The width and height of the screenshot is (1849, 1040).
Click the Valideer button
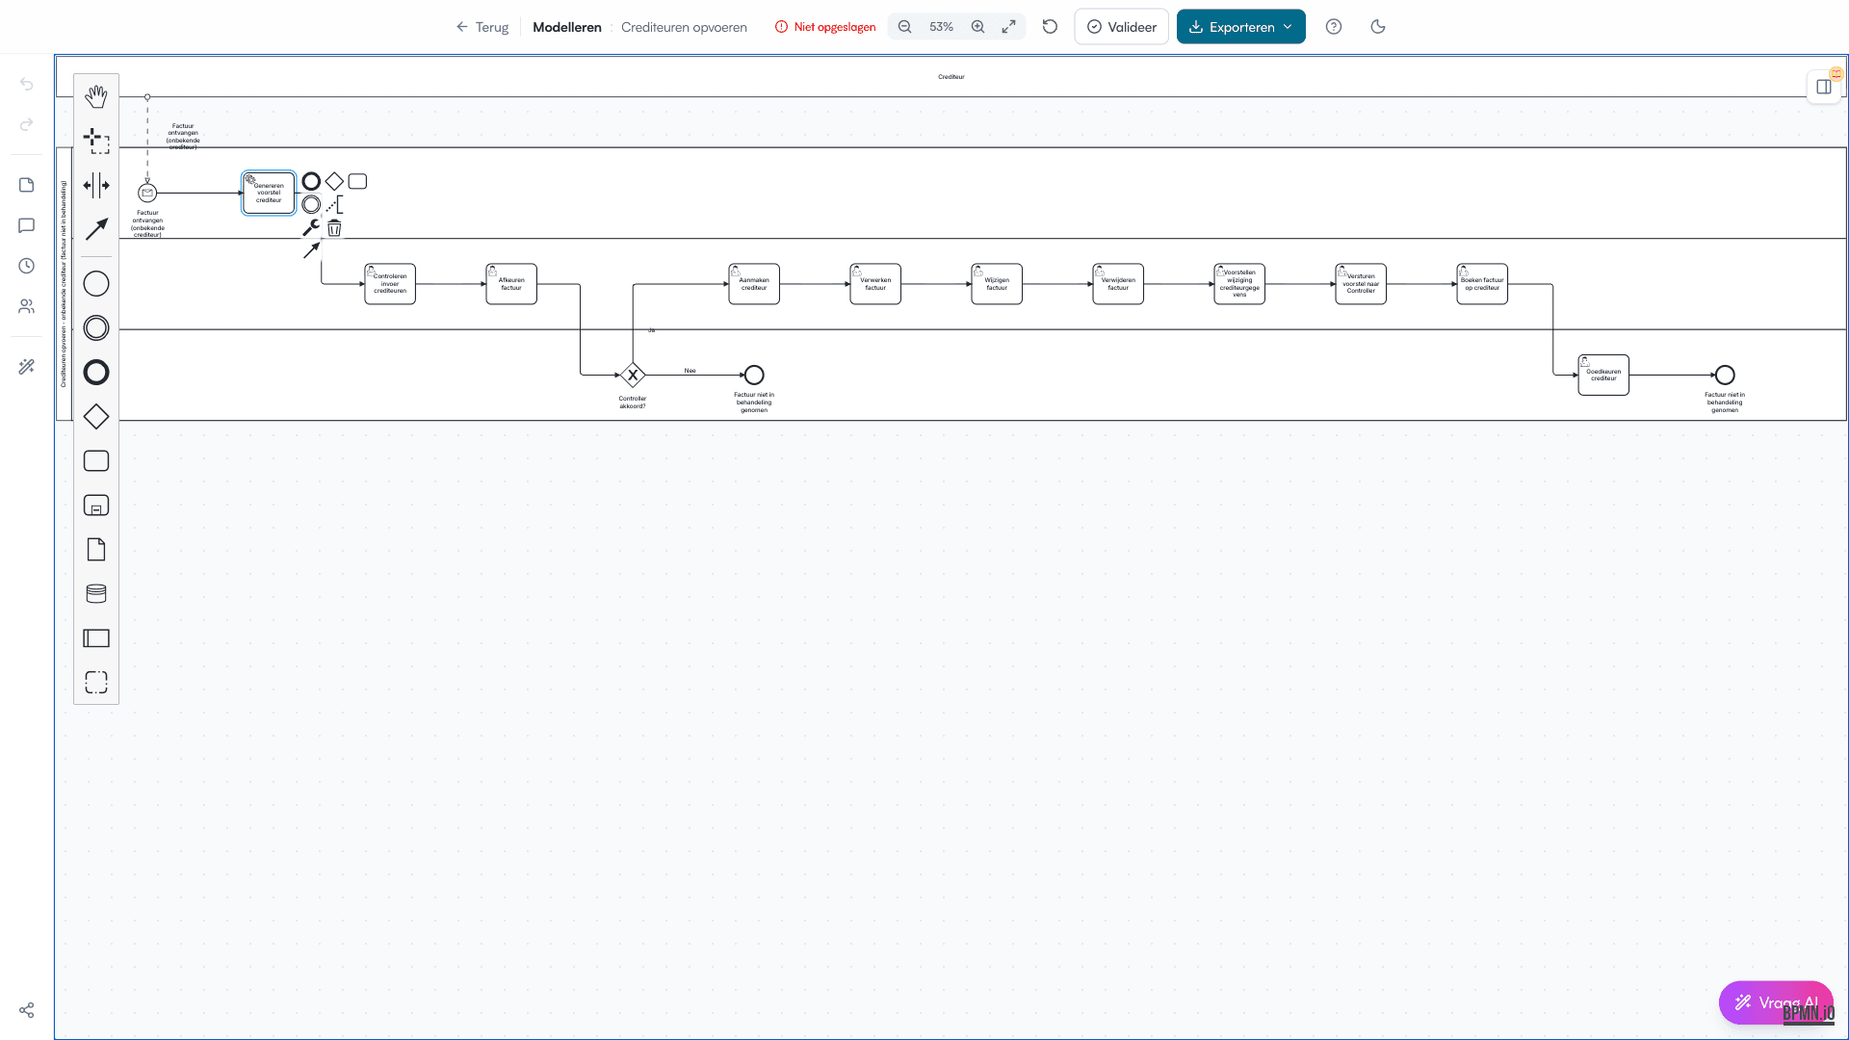tap(1121, 27)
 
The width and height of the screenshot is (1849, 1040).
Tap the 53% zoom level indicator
tap(941, 27)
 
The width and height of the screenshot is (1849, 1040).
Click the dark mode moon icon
tap(1378, 27)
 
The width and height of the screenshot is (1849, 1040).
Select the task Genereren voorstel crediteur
tap(269, 194)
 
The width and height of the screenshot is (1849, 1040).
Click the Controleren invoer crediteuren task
tap(390, 284)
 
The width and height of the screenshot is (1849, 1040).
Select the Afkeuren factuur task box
tap(511, 284)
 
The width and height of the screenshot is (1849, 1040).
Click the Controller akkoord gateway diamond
tap(633, 375)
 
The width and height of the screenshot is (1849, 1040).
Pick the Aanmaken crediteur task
tap(754, 284)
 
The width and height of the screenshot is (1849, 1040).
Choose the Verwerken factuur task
tap(875, 284)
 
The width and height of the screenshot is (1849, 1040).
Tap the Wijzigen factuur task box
tap(997, 284)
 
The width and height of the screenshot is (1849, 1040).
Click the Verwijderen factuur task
tap(1118, 284)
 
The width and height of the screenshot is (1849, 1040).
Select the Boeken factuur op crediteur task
tap(1482, 284)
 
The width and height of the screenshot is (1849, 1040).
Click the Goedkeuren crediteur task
tap(1603, 375)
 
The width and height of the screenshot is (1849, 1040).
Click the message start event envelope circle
tap(147, 193)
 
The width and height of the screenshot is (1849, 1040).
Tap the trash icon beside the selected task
tap(334, 228)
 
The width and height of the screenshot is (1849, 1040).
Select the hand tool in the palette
tap(96, 96)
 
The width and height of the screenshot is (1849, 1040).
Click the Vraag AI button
tap(1775, 1002)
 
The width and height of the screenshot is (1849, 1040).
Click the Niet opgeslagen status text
tap(834, 27)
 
